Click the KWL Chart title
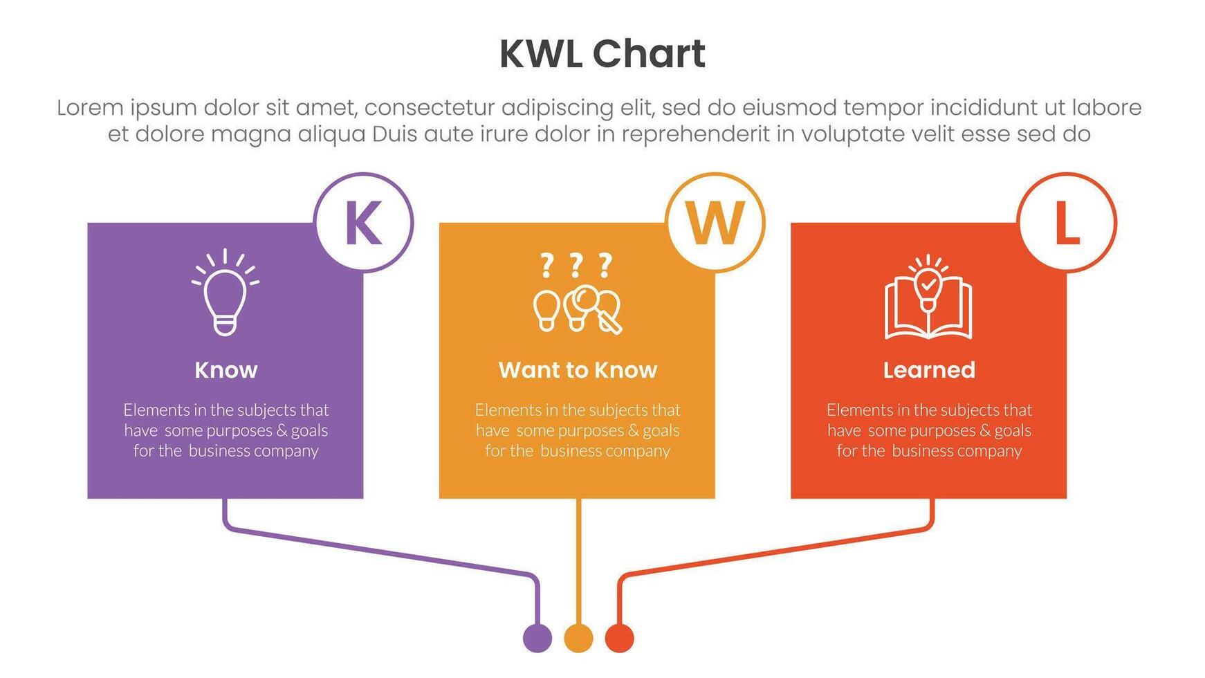click(x=602, y=54)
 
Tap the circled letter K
click(x=363, y=223)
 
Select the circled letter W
click(x=715, y=223)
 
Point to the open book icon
click(x=928, y=304)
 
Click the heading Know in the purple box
click(x=226, y=370)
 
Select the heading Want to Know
click(x=578, y=370)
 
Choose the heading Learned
click(x=929, y=370)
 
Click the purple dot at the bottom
click(x=537, y=637)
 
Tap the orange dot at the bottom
click(x=578, y=637)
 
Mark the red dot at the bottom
click(x=619, y=637)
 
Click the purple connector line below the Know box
click(x=380, y=551)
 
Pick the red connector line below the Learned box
click(x=775, y=551)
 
